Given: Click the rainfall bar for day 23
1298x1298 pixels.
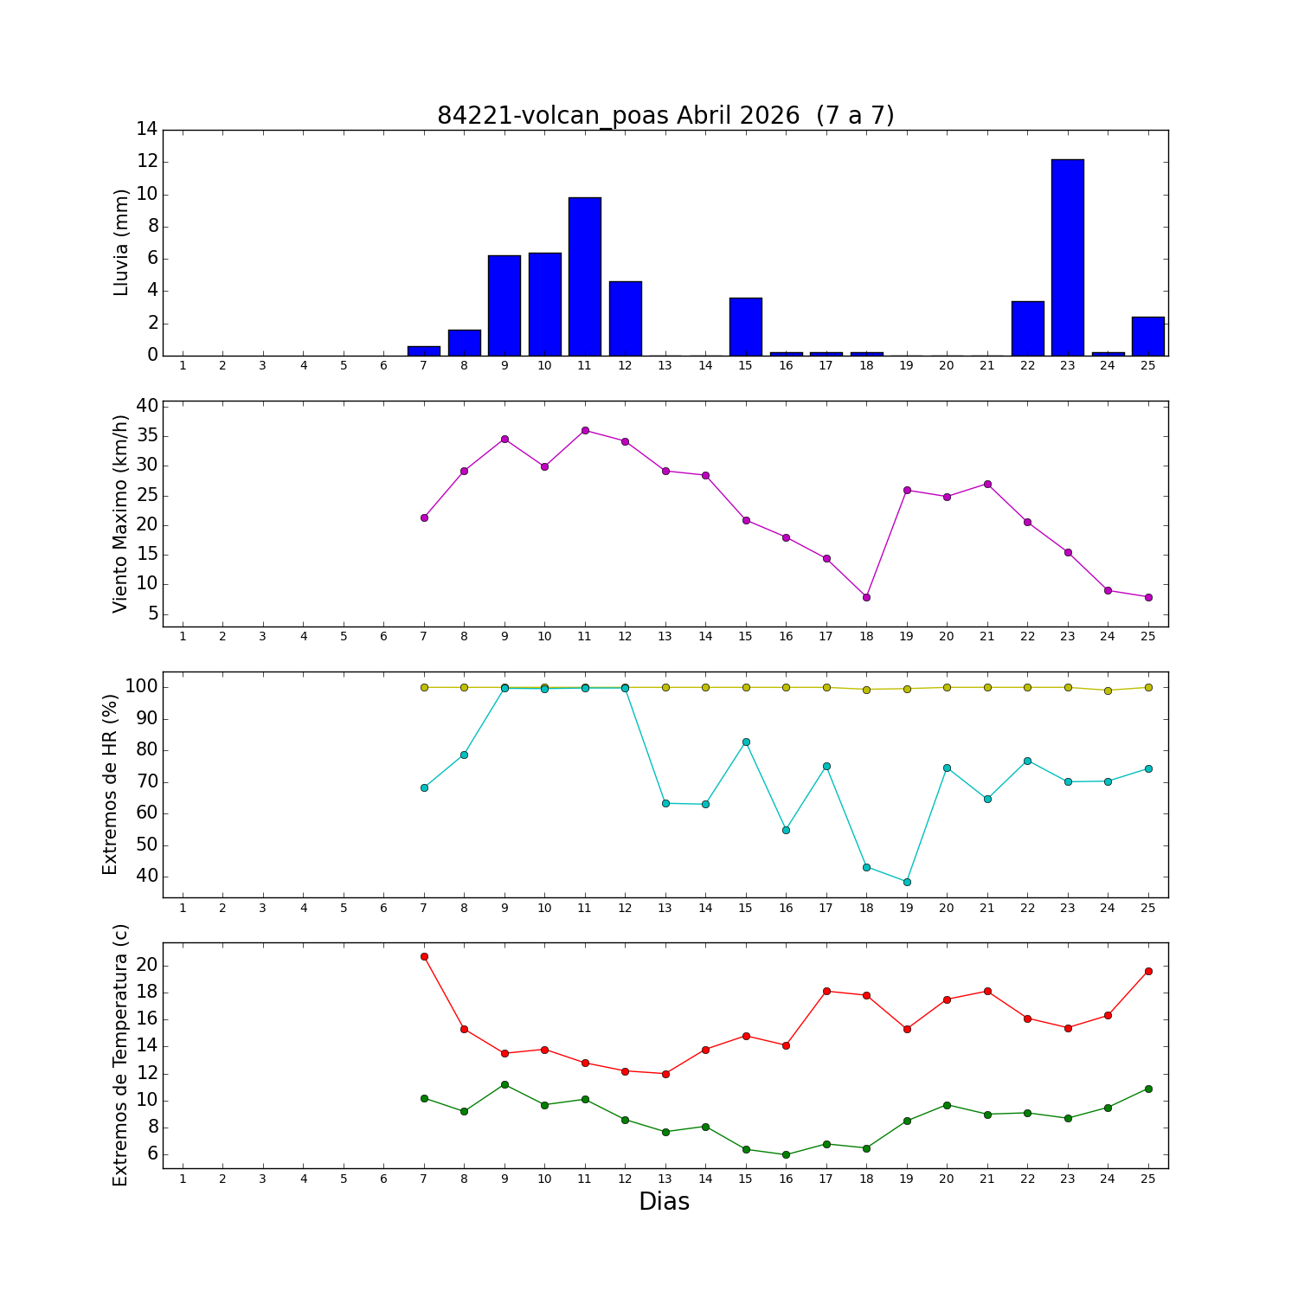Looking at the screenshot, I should tap(1067, 257).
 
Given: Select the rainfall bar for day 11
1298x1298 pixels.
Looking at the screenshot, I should tap(585, 276).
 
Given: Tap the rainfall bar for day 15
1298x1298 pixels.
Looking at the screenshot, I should tap(746, 326).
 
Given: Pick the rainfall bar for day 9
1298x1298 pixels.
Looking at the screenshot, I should tap(504, 305).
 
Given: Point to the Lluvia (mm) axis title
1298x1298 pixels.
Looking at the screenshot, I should tap(121, 242).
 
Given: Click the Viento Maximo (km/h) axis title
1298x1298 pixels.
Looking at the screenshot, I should tap(121, 513).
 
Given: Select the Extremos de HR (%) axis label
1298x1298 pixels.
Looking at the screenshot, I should tap(111, 784).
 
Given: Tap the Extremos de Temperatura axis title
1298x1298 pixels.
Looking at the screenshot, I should tap(121, 1055).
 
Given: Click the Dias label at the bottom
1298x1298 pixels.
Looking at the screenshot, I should tap(664, 1202).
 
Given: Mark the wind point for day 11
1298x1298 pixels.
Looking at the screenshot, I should tap(585, 430).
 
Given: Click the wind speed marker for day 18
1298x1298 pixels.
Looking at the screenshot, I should tap(866, 597).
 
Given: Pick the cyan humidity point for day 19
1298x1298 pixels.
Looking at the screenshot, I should tap(907, 882).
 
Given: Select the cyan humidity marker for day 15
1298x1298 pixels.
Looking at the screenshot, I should tap(746, 742).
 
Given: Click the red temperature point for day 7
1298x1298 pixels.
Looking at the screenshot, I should tap(424, 956).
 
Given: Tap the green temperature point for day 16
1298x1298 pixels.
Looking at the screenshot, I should tap(786, 1154).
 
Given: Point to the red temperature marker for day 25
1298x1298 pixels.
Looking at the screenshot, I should tap(1148, 971).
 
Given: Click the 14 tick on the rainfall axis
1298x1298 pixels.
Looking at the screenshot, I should tap(146, 130).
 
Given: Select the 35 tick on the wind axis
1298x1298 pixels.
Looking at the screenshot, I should tap(146, 436).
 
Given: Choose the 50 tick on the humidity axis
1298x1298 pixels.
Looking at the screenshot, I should tap(146, 845).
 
